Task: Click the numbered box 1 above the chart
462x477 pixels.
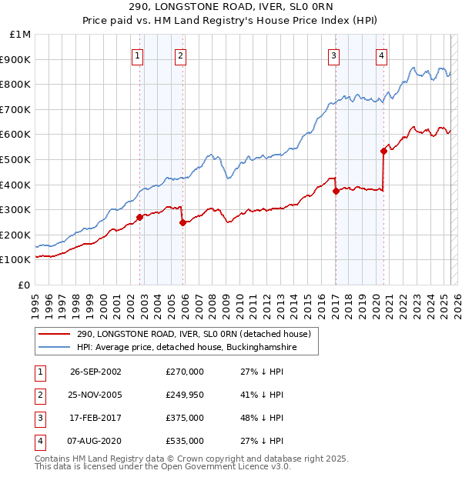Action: point(137,55)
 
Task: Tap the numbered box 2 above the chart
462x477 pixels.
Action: point(180,55)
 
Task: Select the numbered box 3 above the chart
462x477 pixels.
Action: point(333,55)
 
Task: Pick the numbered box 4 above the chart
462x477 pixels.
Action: point(381,55)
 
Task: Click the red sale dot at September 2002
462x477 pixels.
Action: point(139,217)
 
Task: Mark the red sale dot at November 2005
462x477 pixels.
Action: point(182,222)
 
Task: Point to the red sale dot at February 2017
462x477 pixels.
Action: point(336,191)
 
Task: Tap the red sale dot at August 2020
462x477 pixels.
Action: point(383,151)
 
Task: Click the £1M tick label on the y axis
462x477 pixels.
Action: point(21,35)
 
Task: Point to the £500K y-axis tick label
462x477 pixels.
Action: point(15,159)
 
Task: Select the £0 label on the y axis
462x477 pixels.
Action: point(24,285)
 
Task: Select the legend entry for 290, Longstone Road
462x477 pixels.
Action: point(193,334)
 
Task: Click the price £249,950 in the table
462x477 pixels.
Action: point(185,395)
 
